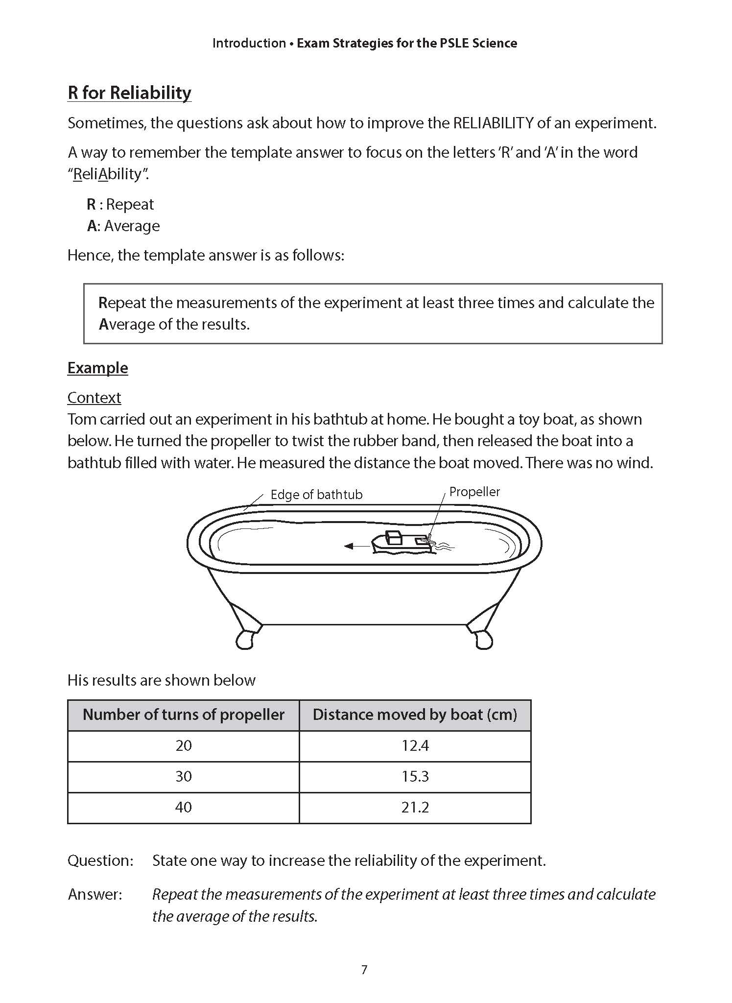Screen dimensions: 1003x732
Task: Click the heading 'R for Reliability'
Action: tap(129, 93)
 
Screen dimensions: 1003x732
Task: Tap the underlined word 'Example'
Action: tap(97, 368)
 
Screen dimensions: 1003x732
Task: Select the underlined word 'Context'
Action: tap(94, 398)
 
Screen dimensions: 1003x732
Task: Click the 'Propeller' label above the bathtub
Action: tap(474, 492)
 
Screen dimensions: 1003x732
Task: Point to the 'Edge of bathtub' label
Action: tap(316, 495)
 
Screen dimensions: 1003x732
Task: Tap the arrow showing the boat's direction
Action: tap(356, 546)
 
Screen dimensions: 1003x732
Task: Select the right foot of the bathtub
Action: tap(483, 639)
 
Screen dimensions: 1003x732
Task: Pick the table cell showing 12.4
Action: tap(415, 746)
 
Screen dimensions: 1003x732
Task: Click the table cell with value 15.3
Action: tap(415, 777)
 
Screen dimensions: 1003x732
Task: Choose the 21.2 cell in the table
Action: tap(415, 807)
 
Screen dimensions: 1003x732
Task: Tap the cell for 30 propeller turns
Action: tap(184, 777)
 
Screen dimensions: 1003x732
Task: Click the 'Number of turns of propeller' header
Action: tap(184, 715)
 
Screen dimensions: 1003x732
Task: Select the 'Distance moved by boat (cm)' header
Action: tap(415, 715)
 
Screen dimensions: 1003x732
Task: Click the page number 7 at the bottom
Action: tap(364, 970)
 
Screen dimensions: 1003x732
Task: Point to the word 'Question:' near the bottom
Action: tap(100, 860)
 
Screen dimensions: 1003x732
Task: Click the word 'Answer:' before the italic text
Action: tap(95, 894)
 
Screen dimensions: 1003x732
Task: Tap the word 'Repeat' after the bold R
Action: tap(130, 204)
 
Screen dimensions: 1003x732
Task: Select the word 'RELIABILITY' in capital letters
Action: tap(493, 123)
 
